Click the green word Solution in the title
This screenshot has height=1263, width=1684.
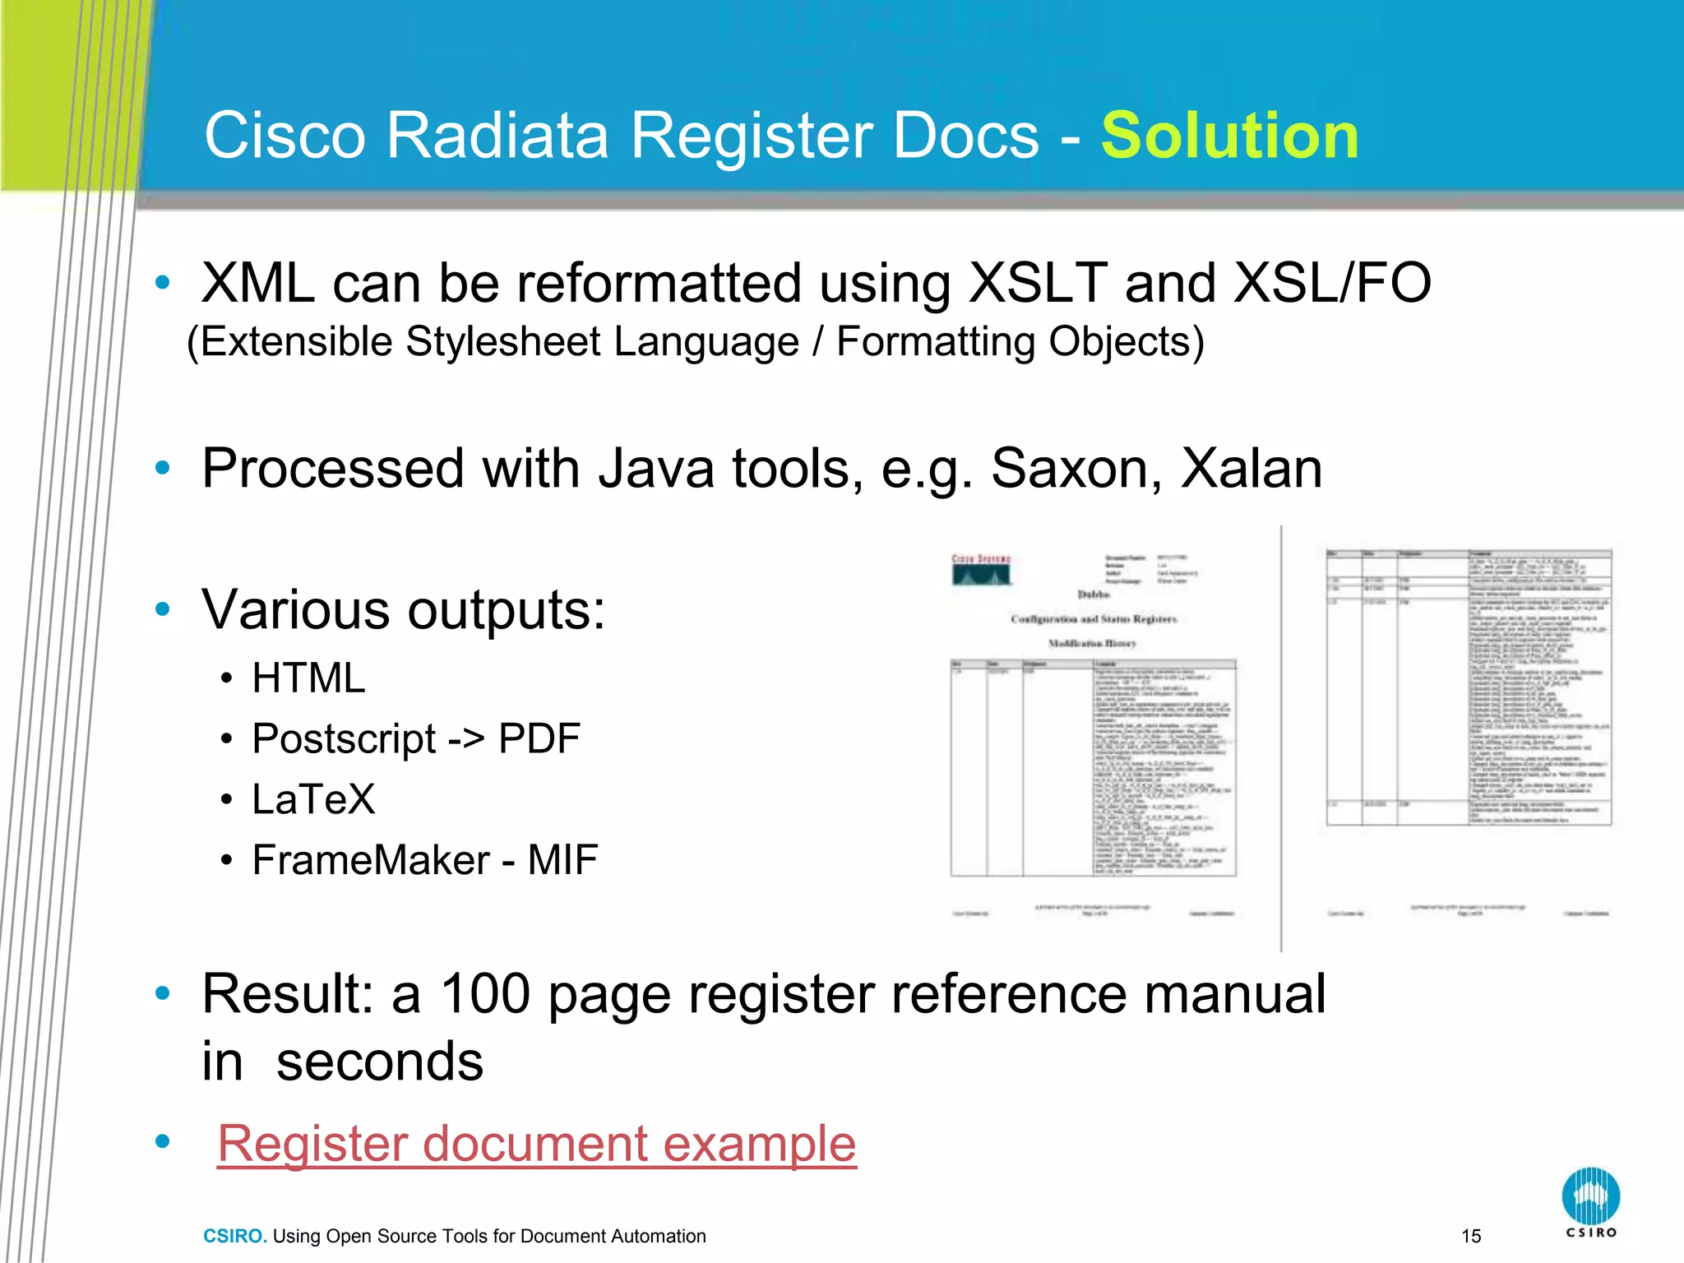pyautogui.click(x=1229, y=136)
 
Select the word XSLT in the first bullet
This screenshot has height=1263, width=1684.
pyautogui.click(x=1038, y=283)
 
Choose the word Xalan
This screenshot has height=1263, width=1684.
pyautogui.click(x=1251, y=468)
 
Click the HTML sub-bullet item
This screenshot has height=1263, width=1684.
pyautogui.click(x=308, y=678)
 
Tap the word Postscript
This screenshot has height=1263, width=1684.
pyautogui.click(x=344, y=739)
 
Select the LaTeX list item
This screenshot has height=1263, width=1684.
pyautogui.click(x=313, y=799)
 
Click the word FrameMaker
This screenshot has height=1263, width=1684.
pyautogui.click(x=370, y=860)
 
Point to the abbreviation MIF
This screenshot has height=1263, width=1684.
pyautogui.click(x=562, y=860)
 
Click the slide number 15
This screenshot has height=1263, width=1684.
pyautogui.click(x=1471, y=1236)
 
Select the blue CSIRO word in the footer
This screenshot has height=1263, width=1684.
pyautogui.click(x=234, y=1236)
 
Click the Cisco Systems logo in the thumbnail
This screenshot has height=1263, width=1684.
pyautogui.click(x=981, y=569)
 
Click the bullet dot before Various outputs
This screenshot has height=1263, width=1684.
pyautogui.click(x=163, y=609)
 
